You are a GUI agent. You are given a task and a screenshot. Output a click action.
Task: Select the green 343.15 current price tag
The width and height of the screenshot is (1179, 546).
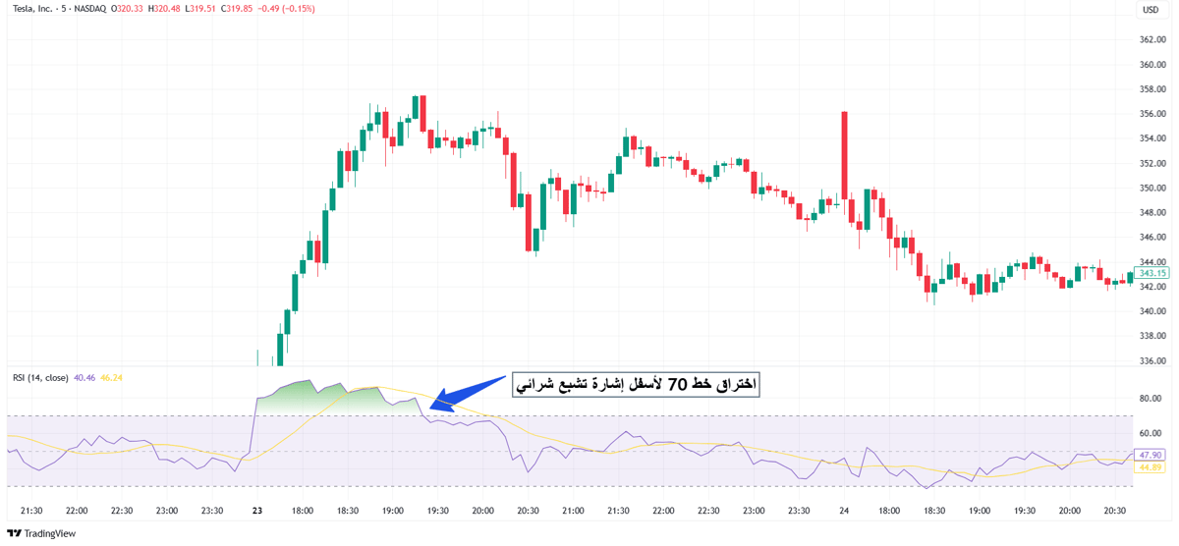[1151, 273]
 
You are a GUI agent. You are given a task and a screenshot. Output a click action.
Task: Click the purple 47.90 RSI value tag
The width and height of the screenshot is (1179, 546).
[1151, 455]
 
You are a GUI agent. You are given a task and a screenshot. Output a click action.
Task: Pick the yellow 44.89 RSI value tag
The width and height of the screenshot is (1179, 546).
[1151, 467]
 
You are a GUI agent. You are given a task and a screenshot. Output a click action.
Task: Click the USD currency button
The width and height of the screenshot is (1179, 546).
[1151, 10]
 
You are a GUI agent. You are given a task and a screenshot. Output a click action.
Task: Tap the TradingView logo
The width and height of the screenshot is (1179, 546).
[41, 533]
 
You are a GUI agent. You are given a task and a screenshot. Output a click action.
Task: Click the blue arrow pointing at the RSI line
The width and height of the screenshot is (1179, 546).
[468, 392]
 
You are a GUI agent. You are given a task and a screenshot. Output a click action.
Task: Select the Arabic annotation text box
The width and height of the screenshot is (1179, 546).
[636, 385]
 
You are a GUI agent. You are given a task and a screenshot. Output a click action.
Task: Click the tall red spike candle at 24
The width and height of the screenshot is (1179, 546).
[844, 155]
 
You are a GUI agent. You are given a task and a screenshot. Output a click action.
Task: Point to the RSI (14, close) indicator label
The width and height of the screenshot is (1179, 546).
[40, 378]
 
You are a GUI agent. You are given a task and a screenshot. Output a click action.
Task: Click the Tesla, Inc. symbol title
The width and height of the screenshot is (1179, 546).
[32, 9]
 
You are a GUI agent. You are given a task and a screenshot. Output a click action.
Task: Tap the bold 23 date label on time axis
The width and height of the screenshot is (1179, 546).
[257, 511]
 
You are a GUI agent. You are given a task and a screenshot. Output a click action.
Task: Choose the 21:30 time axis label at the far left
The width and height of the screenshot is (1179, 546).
[31, 511]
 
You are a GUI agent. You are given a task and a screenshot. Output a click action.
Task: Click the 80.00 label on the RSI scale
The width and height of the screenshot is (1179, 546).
[1151, 398]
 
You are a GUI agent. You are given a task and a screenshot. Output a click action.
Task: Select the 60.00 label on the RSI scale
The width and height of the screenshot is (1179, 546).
[1151, 433]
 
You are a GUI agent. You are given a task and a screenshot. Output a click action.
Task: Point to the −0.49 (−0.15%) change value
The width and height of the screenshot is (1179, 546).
[286, 9]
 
